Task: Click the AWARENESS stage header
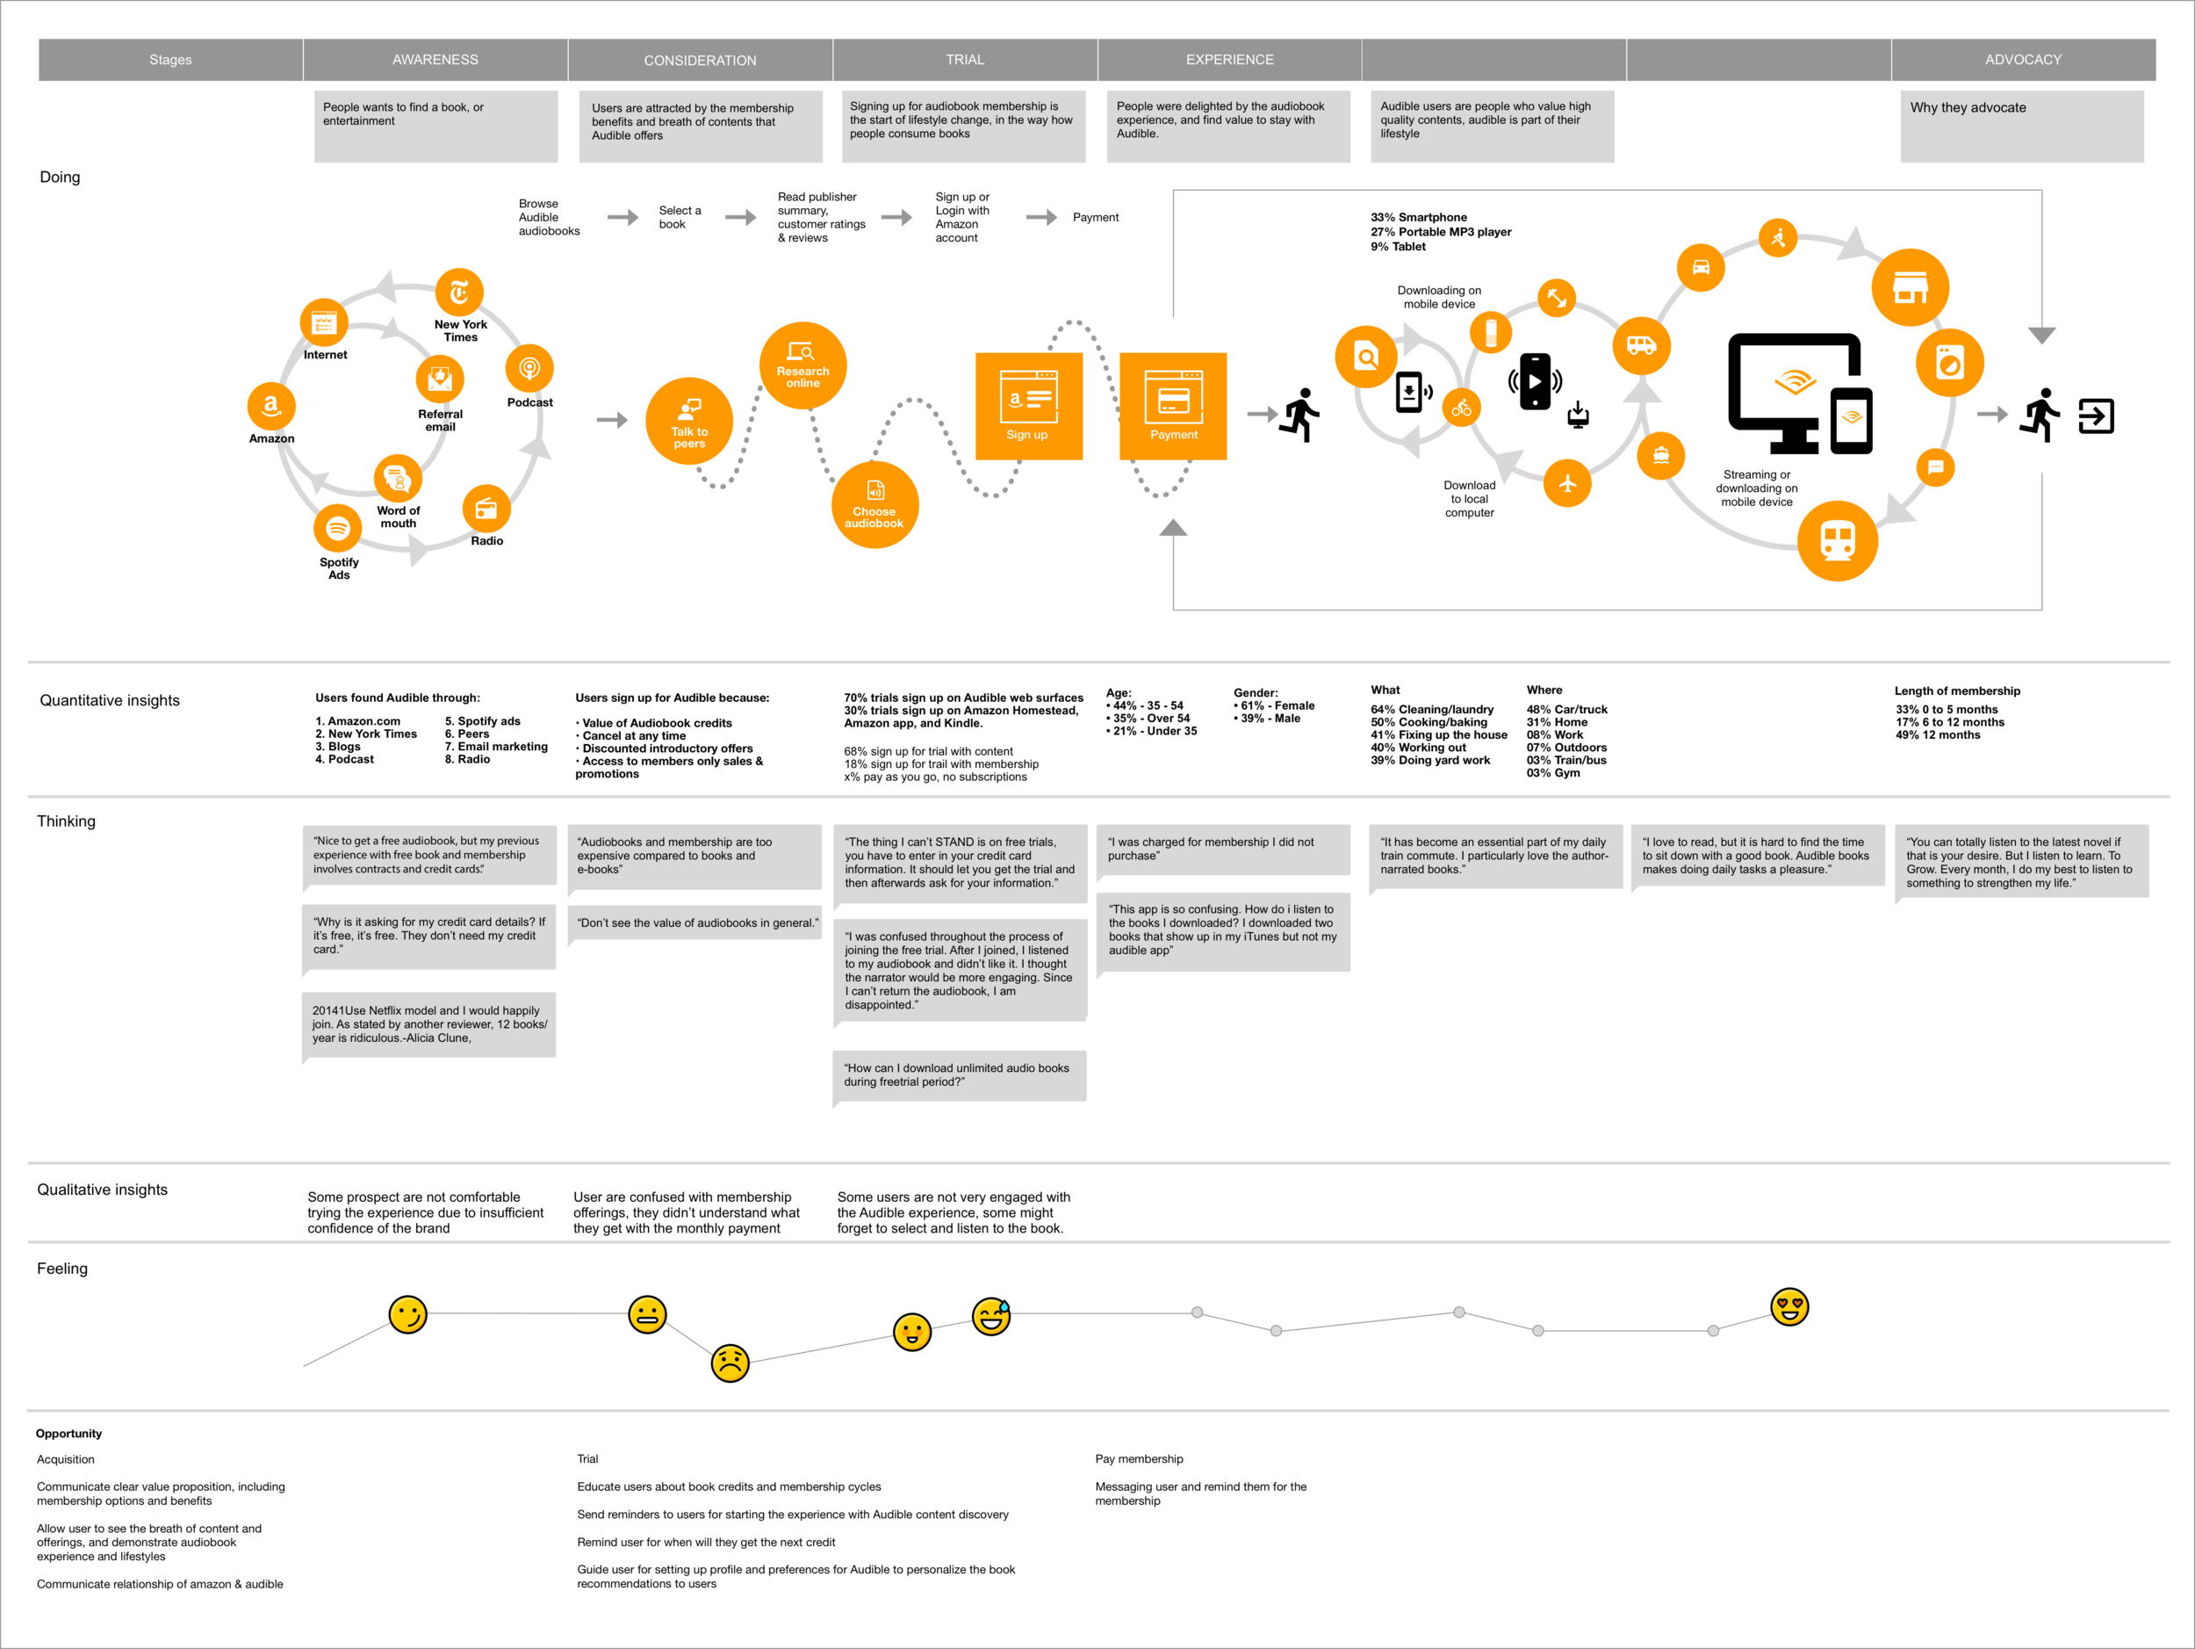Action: pos(435,60)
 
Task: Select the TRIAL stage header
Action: pos(965,60)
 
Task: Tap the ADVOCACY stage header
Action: pos(2022,60)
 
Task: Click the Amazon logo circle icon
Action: pos(271,406)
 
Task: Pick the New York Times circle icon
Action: pos(459,292)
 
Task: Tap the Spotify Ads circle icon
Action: pos(337,528)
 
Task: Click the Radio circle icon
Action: pos(486,510)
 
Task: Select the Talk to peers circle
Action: pos(688,421)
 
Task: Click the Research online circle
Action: pos(802,365)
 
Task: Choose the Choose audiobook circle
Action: pos(874,504)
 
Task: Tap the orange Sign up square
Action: pos(1028,406)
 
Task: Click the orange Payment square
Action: pos(1173,406)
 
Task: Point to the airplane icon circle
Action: pos(1568,483)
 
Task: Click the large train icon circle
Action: pos(1838,541)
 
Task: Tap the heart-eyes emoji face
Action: pos(1789,1306)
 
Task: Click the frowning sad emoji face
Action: pos(730,1363)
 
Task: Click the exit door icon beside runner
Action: pos(2096,416)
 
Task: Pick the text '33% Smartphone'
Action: pos(1418,217)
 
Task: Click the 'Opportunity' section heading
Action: pos(68,1433)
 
